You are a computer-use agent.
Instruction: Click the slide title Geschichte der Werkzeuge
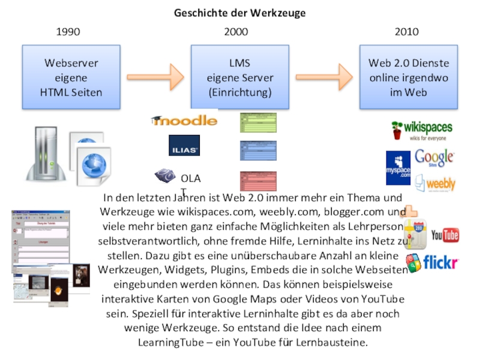coord(239,13)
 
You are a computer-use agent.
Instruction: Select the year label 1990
coord(68,32)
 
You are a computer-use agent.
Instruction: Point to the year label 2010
coord(407,32)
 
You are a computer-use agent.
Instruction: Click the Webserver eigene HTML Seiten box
coord(71,77)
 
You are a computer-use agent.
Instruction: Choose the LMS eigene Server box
coord(240,77)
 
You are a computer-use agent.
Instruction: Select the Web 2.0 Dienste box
coord(409,77)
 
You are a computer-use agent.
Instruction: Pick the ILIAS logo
coord(184,146)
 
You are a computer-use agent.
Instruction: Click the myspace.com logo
coord(398,168)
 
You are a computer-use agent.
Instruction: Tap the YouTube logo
coord(445,235)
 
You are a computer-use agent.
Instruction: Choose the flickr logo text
coord(440,262)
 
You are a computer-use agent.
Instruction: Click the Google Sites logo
coord(434,158)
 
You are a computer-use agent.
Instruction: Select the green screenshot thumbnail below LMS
coord(258,123)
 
